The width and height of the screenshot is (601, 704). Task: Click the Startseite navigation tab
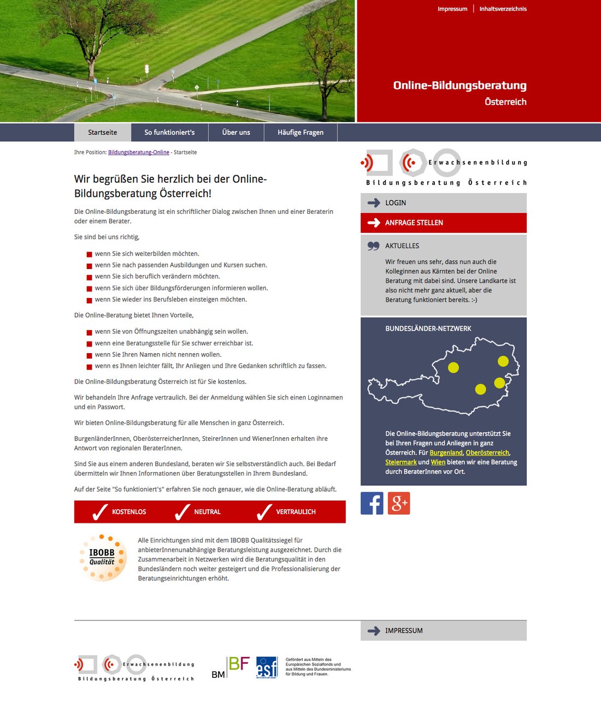103,132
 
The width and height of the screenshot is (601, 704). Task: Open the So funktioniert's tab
169,132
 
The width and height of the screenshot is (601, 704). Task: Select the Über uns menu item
236,132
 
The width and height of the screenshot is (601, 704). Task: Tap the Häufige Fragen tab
300,132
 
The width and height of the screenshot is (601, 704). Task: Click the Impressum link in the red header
452,9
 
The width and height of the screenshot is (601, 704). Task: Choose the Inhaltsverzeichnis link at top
503,9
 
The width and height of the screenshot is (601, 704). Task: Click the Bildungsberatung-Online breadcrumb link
139,152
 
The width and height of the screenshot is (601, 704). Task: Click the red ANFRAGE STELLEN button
443,223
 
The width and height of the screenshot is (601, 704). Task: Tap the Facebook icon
372,503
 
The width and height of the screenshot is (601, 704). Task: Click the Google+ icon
399,503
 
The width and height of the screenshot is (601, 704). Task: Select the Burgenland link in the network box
446,452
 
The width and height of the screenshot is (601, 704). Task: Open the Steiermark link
400,462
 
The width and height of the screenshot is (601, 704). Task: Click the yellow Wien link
438,462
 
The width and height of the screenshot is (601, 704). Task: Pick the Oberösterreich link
487,452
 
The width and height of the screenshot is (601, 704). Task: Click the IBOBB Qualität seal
103,557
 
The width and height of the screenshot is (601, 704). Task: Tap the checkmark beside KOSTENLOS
100,512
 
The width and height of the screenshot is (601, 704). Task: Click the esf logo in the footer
267,667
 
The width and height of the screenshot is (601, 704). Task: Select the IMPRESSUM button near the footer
443,630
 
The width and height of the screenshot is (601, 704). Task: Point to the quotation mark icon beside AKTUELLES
373,246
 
